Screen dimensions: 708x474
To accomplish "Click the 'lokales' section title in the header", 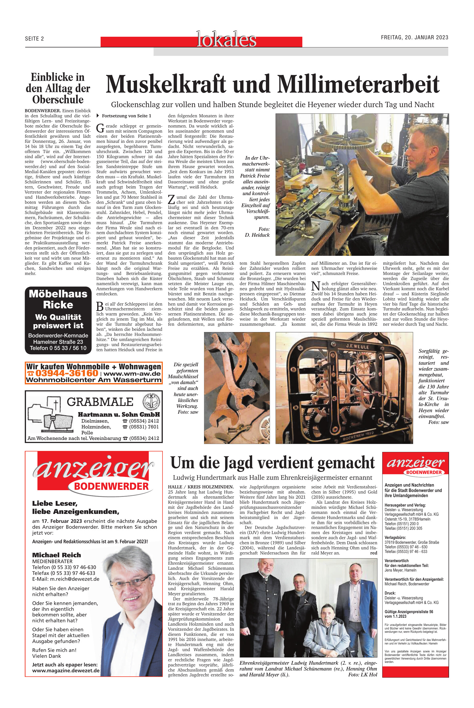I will (226, 40).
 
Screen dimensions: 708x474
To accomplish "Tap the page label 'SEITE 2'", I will (34, 39).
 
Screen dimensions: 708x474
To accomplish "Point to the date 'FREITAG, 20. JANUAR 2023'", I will (414, 37).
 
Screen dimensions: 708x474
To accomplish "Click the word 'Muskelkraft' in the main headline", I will (166, 84).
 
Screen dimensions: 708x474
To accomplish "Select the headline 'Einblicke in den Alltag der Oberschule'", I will (58, 88).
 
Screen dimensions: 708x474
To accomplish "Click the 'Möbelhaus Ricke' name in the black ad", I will (58, 299).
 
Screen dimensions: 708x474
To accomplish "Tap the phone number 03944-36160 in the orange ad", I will (67, 373).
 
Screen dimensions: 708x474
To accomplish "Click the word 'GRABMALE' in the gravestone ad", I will (100, 402).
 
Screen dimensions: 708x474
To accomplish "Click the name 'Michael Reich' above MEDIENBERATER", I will (57, 555).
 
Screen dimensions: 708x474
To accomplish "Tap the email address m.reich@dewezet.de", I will (74, 579).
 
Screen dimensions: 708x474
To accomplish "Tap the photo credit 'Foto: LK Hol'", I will (362, 675).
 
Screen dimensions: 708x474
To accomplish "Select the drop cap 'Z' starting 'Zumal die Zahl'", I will (171, 200).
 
